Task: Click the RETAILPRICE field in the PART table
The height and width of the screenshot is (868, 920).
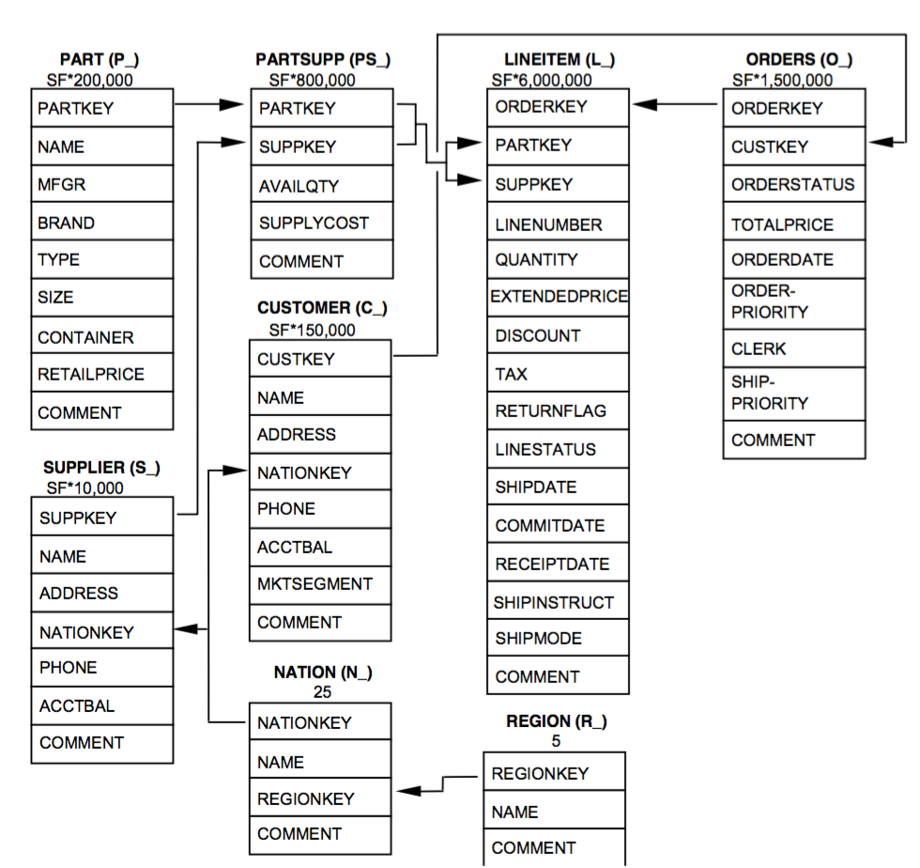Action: click(91, 374)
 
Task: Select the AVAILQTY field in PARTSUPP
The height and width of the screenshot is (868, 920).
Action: click(299, 186)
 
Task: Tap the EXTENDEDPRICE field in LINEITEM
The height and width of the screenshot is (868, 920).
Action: click(559, 296)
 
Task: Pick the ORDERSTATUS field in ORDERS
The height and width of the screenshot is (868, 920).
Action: click(792, 184)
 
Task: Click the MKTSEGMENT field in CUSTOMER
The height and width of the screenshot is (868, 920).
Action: click(314, 583)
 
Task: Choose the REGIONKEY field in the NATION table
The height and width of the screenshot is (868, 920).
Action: click(306, 798)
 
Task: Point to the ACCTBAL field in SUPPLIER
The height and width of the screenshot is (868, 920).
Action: click(77, 705)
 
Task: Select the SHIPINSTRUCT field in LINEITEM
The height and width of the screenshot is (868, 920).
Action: click(553, 602)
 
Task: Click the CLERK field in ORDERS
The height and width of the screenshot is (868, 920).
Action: click(759, 349)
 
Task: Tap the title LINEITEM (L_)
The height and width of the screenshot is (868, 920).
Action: click(560, 59)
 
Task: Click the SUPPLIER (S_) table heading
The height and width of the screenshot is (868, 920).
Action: click(101, 468)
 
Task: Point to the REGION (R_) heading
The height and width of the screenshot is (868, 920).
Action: click(556, 721)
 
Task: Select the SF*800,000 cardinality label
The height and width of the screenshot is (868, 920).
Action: click(312, 80)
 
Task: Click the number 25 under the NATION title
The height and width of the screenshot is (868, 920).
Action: click(322, 691)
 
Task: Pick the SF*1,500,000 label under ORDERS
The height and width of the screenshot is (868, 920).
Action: click(782, 80)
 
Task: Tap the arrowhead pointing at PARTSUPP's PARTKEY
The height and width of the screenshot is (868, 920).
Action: click(231, 104)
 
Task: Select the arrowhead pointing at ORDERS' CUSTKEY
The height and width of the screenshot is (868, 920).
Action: click(881, 142)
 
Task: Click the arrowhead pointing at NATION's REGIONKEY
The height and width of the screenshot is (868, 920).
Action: click(408, 791)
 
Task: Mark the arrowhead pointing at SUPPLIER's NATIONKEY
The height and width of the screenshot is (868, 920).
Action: click(186, 629)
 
